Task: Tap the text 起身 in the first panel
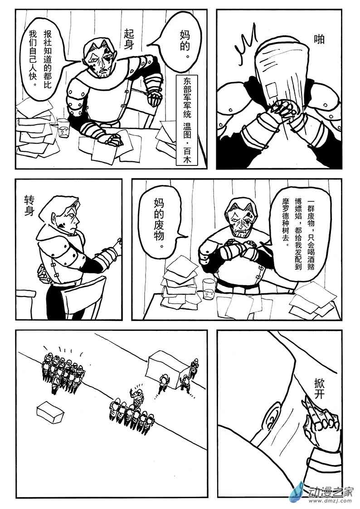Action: pyautogui.click(x=129, y=39)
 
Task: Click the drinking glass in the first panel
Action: pyautogui.click(x=64, y=128)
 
